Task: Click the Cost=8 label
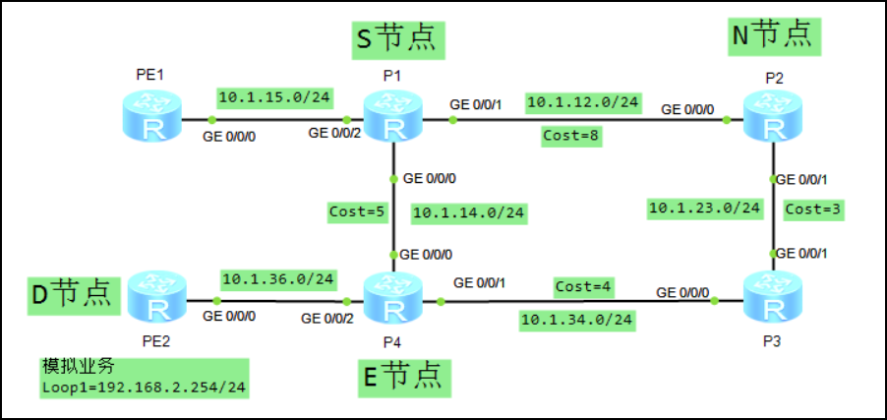coord(571,136)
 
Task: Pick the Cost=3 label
coord(813,209)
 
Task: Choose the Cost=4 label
coord(583,286)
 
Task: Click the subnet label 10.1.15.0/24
coord(261,97)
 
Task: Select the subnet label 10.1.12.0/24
coord(584,101)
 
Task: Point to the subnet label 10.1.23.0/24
coord(704,208)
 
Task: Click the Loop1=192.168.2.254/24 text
coord(143,388)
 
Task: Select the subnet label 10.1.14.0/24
coord(468,211)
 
